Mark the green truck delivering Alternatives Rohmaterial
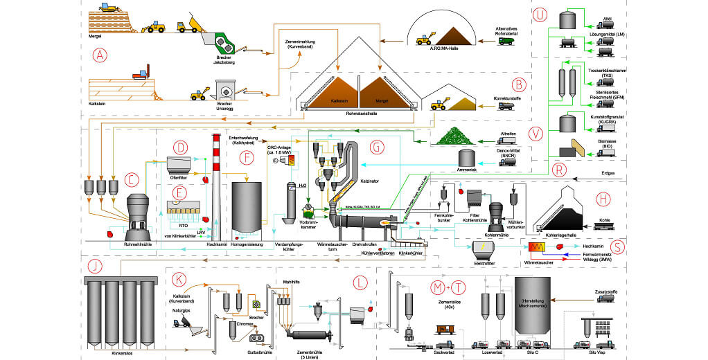506,41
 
